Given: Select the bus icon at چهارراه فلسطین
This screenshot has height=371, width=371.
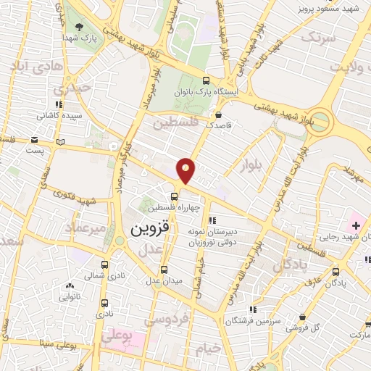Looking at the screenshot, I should [x=175, y=196].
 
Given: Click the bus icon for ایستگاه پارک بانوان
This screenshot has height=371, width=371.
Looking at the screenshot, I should [x=206, y=81].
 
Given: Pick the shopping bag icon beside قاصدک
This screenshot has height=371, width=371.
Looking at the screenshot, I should [x=218, y=114].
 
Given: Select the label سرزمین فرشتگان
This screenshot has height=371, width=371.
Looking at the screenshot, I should [x=253, y=320].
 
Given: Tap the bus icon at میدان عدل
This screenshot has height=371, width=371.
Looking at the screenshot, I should [x=164, y=268].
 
